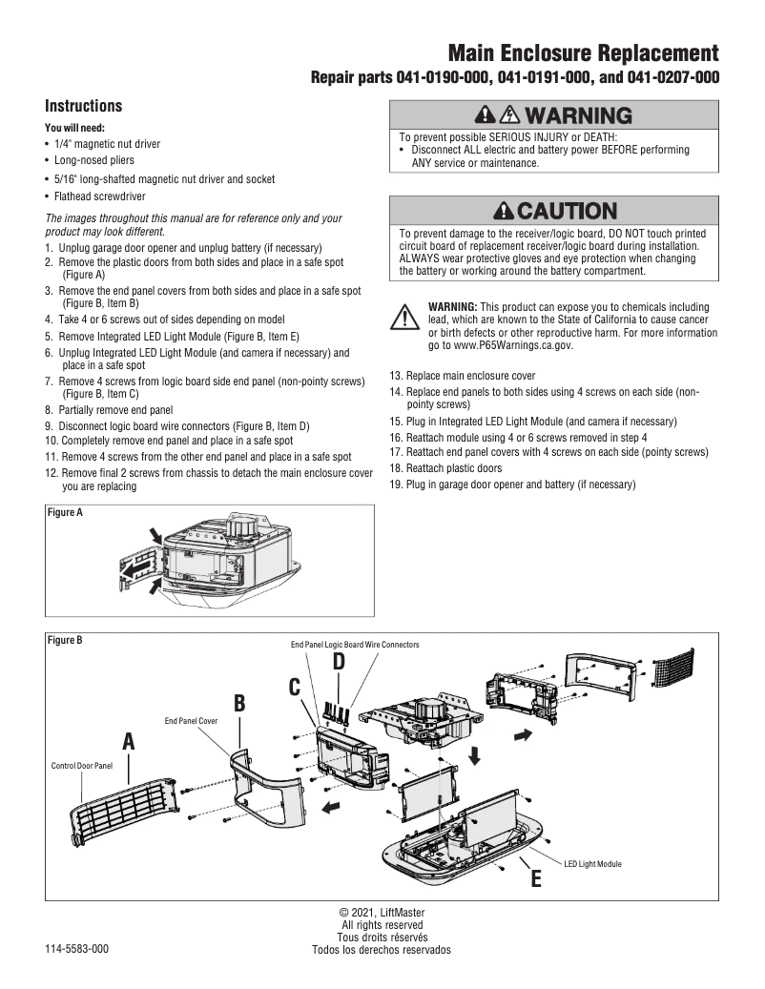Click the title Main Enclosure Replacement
(583, 52)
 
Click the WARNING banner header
(553, 115)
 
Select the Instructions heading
(84, 106)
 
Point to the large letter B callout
(239, 703)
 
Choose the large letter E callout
(535, 878)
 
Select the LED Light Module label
(591, 863)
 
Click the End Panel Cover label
(192, 722)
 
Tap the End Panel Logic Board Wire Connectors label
(355, 645)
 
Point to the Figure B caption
(65, 640)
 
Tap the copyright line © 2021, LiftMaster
(382, 913)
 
